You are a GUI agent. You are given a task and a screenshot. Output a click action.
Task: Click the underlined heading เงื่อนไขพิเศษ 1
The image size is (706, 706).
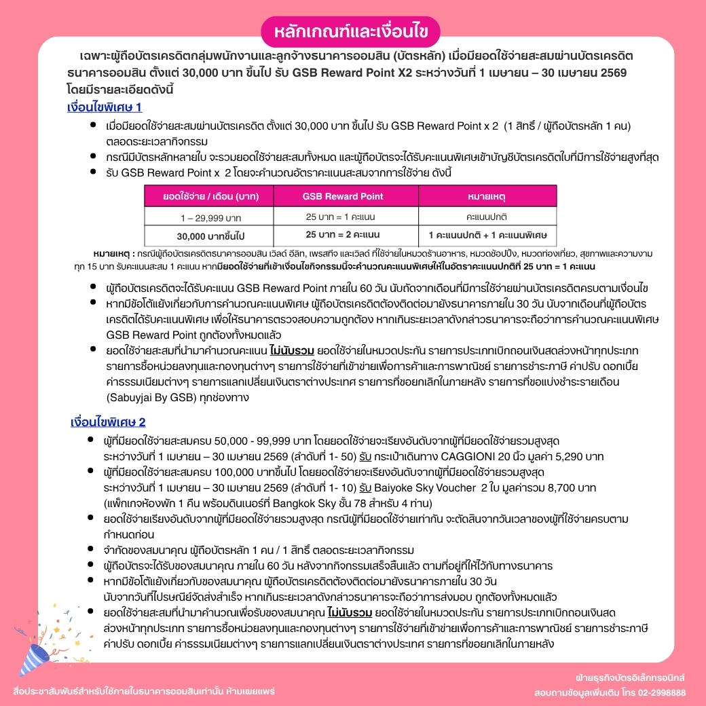click(x=105, y=107)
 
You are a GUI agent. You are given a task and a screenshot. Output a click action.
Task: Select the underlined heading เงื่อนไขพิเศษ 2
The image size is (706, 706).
click(x=108, y=422)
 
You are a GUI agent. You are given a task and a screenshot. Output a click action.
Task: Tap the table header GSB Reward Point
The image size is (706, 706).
click(x=342, y=196)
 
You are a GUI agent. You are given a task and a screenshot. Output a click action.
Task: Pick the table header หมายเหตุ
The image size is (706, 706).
click(x=487, y=196)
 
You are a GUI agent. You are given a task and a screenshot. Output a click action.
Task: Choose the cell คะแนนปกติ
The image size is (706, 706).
click(x=487, y=217)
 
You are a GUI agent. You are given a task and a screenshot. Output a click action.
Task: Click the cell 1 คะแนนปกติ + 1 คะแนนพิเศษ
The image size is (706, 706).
click(x=487, y=235)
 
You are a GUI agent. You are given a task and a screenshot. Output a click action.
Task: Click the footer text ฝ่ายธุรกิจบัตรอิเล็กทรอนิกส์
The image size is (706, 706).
click(x=630, y=678)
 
